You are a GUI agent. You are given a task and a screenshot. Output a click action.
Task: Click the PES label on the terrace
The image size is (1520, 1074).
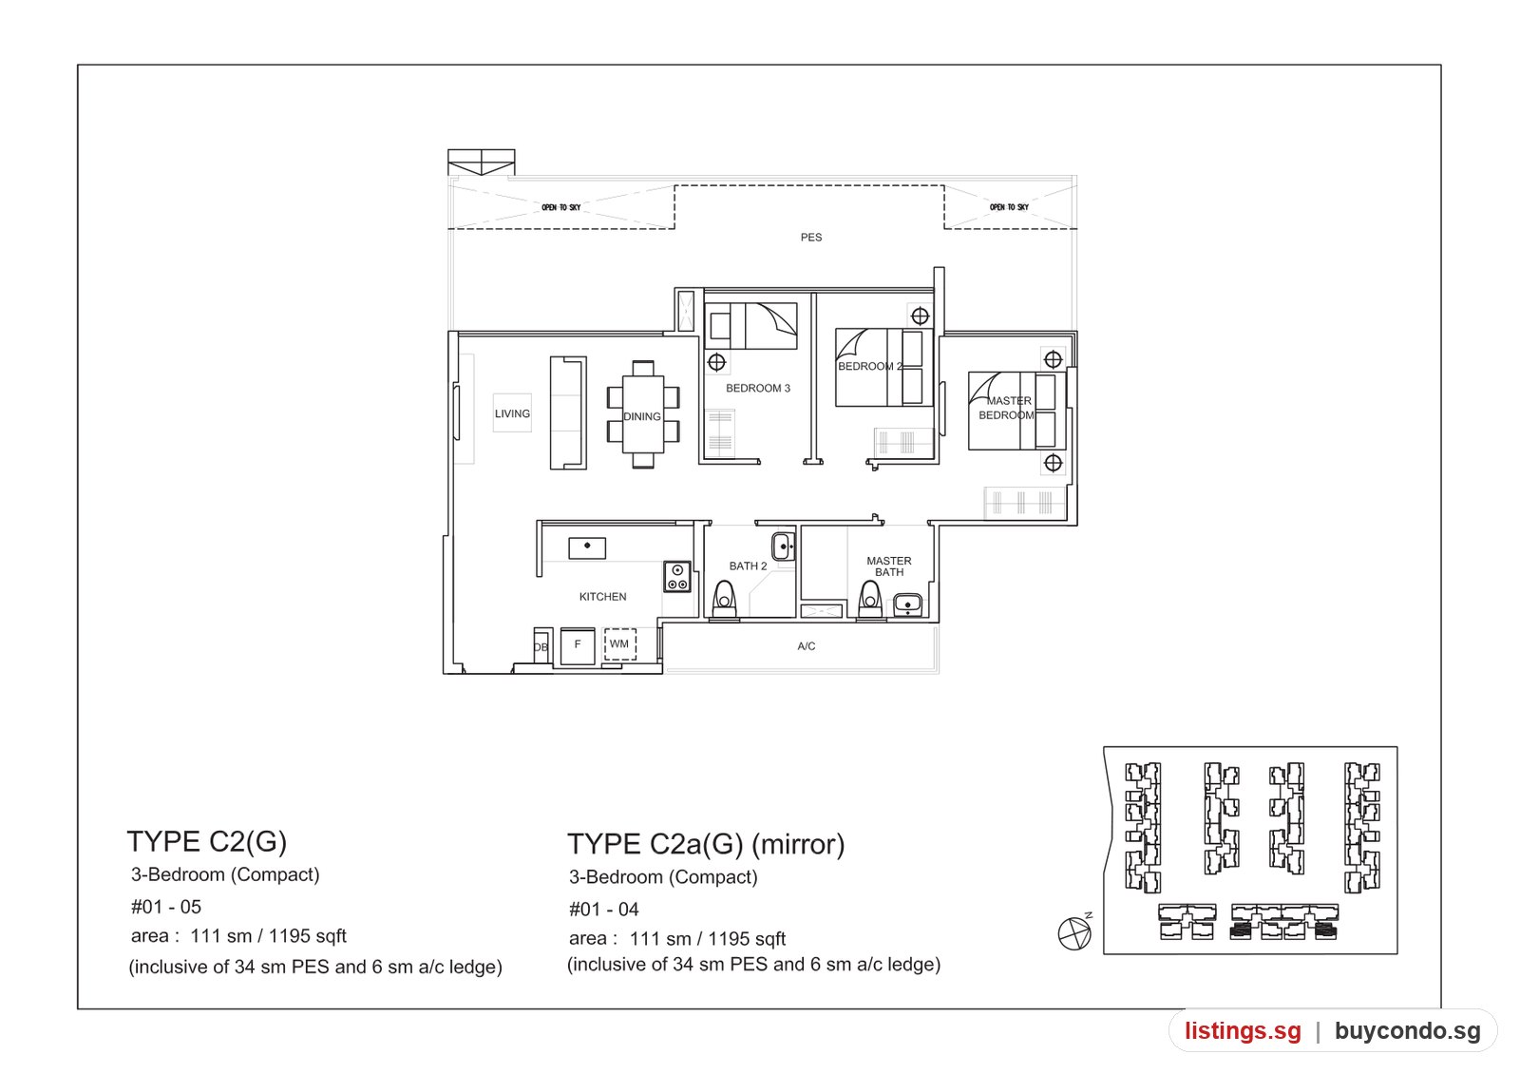click(x=811, y=237)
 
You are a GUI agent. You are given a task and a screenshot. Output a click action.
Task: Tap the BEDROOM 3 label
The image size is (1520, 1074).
click(x=758, y=389)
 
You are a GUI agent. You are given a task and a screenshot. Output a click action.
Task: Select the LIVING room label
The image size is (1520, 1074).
click(x=512, y=413)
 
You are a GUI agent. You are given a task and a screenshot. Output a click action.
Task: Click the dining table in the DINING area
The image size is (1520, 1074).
click(x=642, y=414)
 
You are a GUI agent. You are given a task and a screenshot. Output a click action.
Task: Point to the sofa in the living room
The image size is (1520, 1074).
click(x=568, y=412)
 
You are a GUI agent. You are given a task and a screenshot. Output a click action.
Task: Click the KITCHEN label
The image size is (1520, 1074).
click(x=602, y=597)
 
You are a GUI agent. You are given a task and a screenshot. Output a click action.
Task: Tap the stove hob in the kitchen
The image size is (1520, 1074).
click(x=677, y=576)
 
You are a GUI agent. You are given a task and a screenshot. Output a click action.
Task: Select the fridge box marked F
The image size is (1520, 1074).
click(x=578, y=645)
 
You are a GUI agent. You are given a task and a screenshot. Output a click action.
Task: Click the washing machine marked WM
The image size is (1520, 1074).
click(x=619, y=643)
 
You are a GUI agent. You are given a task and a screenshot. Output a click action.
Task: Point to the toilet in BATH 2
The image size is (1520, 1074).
click(x=724, y=600)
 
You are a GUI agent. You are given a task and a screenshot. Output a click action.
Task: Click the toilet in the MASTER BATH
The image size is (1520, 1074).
click(x=870, y=600)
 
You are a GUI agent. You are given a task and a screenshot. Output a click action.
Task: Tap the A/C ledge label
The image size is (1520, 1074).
click(x=807, y=646)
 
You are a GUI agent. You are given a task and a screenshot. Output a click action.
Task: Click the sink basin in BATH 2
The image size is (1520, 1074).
click(x=783, y=546)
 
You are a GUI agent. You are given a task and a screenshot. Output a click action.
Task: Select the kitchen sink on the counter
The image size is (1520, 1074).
click(x=587, y=547)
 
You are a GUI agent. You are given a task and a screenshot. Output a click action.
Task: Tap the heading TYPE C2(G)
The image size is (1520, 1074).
click(x=207, y=841)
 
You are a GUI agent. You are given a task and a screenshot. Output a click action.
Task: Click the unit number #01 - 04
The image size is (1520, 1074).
click(x=603, y=909)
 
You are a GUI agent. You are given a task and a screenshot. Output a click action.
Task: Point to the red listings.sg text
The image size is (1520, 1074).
click(x=1244, y=1030)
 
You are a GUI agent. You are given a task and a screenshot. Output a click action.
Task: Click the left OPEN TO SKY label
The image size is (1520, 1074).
click(x=561, y=207)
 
